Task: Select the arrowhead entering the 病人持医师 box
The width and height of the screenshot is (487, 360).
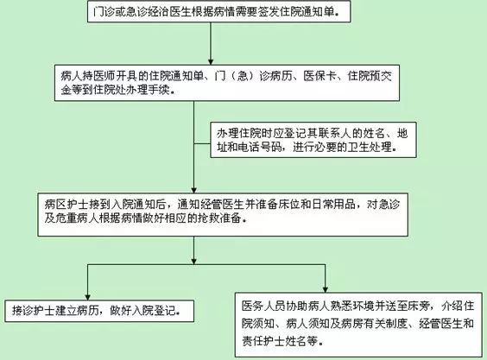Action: (211, 61)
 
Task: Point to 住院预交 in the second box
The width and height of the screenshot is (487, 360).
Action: (370, 76)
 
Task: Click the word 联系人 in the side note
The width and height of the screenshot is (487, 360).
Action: (334, 133)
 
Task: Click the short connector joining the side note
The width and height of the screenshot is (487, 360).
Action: (202, 144)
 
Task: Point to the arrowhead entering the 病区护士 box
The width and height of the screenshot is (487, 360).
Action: (194, 189)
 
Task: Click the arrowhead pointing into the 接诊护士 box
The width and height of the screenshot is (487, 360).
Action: (87, 296)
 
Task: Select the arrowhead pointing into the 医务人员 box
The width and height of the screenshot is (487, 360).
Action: (326, 289)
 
